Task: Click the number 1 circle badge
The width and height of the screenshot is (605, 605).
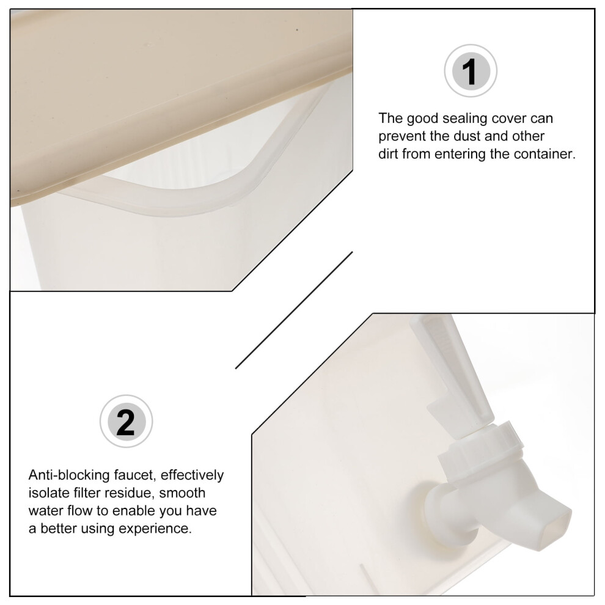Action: coord(471,71)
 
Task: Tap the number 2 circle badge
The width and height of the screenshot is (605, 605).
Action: coord(126,421)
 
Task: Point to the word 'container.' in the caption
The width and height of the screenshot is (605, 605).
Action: coord(545,154)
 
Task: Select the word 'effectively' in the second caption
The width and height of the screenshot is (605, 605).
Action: coord(192,475)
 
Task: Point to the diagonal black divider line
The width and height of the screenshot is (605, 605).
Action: coord(294,310)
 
